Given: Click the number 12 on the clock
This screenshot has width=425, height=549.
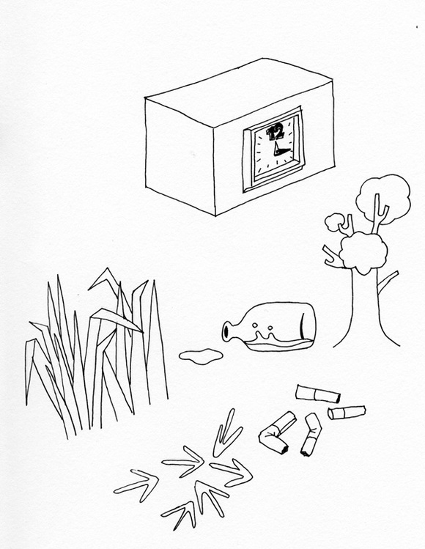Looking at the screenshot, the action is [276, 132].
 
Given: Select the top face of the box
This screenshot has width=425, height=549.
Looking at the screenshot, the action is [239, 90].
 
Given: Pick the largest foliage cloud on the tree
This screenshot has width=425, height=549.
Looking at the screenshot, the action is [383, 199].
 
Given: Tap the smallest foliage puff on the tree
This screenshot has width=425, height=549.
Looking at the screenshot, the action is [334, 222].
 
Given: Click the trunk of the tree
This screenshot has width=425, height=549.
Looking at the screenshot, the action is [366, 308].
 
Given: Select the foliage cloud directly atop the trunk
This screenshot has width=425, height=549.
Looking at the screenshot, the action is [363, 252].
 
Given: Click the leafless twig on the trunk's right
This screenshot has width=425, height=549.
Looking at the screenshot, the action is [388, 282].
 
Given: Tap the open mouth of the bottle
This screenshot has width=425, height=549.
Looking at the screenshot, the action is [226, 331].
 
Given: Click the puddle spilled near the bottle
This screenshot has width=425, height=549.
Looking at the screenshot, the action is [201, 356].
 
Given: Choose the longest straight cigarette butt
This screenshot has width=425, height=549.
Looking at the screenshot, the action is [318, 394].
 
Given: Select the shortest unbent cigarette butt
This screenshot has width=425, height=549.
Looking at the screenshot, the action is [347, 413].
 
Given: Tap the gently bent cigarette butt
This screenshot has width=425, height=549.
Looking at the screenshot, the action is [311, 434].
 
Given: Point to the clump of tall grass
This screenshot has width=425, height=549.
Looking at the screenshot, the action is [96, 353].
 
